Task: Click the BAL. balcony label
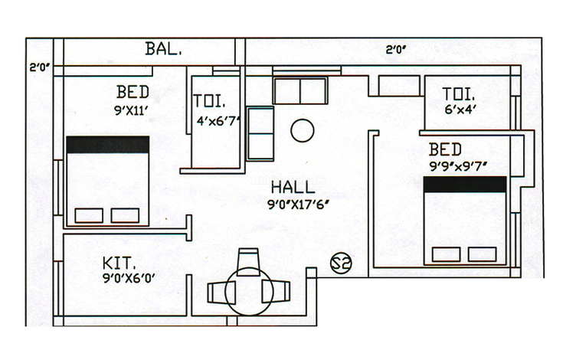pyautogui.click(x=163, y=49)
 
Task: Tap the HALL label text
pyautogui.click(x=293, y=188)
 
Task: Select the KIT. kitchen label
pyautogui.click(x=119, y=263)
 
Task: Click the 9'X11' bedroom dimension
pyautogui.click(x=131, y=110)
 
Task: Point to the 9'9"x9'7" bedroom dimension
pyautogui.click(x=458, y=166)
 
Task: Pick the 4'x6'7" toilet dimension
pyautogui.click(x=218, y=121)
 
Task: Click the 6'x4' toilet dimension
pyautogui.click(x=460, y=109)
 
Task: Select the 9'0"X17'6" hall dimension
pyautogui.click(x=298, y=205)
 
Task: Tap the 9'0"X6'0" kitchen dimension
pyautogui.click(x=129, y=278)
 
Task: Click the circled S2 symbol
pyautogui.click(x=341, y=263)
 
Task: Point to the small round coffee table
pyautogui.click(x=303, y=131)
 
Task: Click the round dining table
pyautogui.click(x=249, y=292)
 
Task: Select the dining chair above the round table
pyautogui.click(x=248, y=261)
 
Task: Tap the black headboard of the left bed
pyautogui.click(x=108, y=145)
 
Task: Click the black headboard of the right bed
pyautogui.click(x=465, y=185)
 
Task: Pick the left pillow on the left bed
pyautogui.click(x=89, y=215)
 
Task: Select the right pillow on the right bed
pyautogui.click(x=483, y=254)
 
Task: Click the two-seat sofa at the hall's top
pyautogui.click(x=300, y=90)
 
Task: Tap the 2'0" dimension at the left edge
pyautogui.click(x=40, y=68)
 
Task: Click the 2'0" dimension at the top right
pyautogui.click(x=396, y=50)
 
